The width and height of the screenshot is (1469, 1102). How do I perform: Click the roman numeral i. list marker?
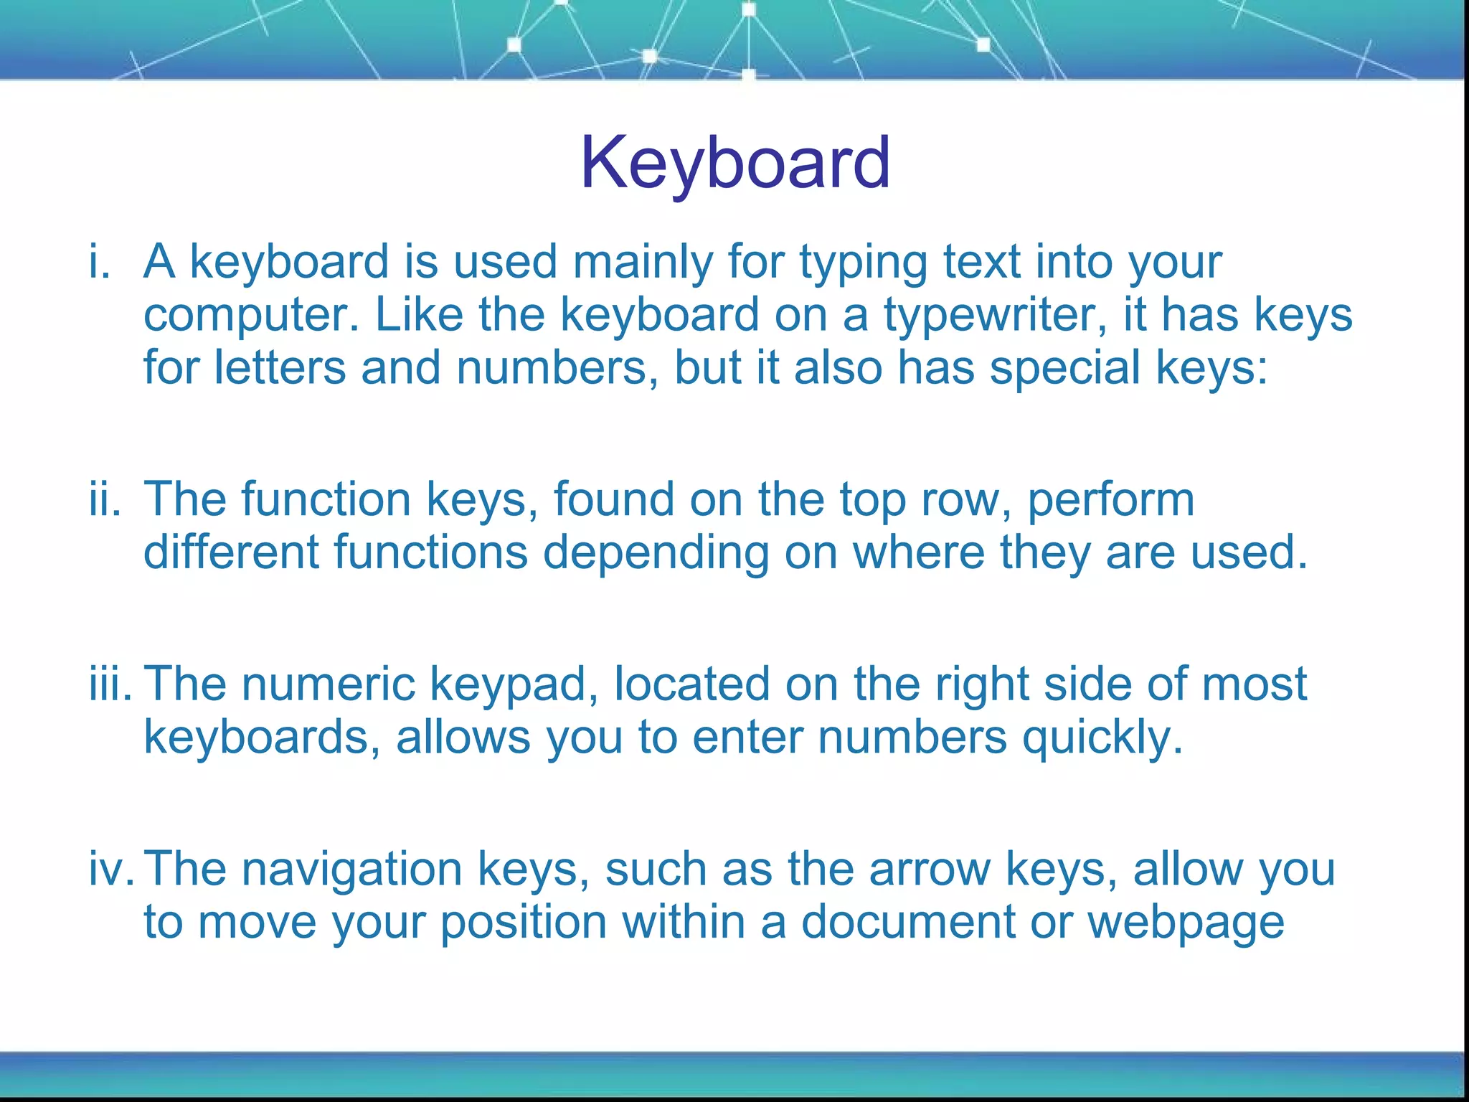point(100,262)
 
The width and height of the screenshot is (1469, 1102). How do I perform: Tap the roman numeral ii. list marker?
point(105,499)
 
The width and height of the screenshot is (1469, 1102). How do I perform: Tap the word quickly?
point(1101,738)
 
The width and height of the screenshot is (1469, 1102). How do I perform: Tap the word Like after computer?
point(419,315)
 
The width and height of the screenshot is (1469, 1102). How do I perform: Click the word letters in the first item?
point(280,368)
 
